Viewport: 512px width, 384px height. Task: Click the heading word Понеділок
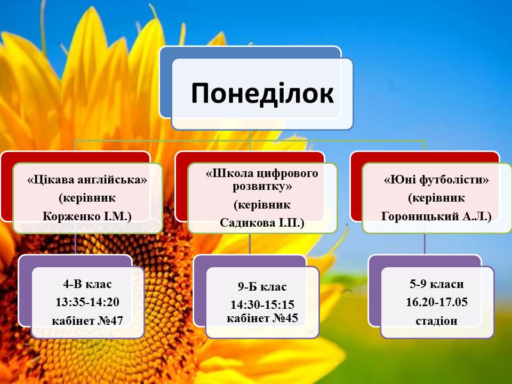(262, 93)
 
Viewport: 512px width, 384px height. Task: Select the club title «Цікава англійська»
(87, 180)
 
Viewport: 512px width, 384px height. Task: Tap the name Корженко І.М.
(87, 216)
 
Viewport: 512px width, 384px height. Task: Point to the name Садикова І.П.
(262, 223)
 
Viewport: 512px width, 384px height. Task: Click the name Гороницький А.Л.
(436, 216)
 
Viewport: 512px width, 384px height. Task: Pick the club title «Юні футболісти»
(436, 180)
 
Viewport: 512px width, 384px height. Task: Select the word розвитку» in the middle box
(262, 187)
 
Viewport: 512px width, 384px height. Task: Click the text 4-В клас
(87, 284)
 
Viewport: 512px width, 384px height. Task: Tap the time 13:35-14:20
(87, 302)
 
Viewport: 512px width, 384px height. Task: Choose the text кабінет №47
(87, 321)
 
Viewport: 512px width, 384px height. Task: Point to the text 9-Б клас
(262, 287)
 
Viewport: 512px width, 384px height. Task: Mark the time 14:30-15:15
(262, 305)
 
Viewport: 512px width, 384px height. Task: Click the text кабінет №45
(262, 318)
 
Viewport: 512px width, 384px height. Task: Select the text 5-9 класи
(437, 284)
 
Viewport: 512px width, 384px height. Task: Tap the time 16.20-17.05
(437, 302)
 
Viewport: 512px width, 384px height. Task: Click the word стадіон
(437, 321)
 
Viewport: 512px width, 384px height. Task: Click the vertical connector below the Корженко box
(75, 244)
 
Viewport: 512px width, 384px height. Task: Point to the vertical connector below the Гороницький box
(425, 244)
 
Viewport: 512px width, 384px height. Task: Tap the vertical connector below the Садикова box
(250, 244)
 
